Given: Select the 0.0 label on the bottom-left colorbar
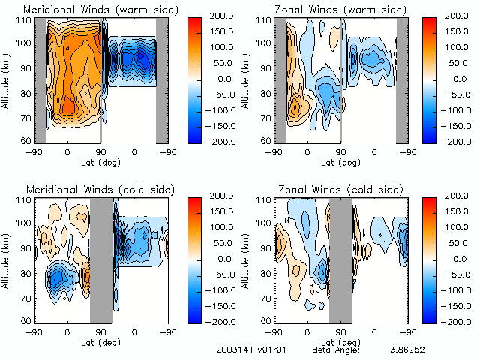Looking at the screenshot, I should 223,258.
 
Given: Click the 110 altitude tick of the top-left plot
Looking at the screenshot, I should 25,19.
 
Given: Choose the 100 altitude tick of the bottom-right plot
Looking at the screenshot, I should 262,223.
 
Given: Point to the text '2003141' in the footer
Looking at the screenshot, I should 231,349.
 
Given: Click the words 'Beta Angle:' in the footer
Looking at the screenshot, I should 336,349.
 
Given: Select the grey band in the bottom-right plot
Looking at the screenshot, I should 340,259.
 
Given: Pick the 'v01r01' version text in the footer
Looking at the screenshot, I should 268,349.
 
